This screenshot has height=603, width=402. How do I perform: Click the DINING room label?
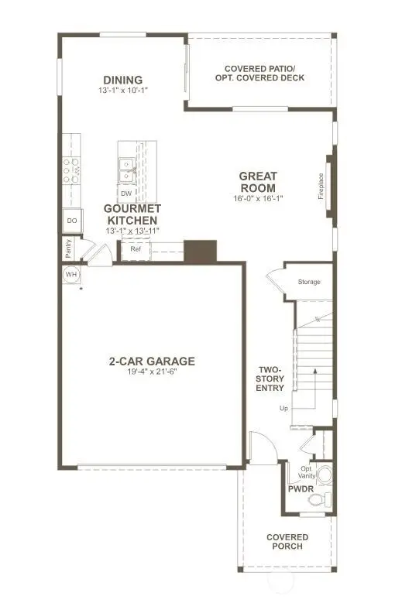[123, 80]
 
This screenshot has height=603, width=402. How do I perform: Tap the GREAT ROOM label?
[258, 182]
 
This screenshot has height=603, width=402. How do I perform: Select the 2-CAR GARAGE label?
[151, 361]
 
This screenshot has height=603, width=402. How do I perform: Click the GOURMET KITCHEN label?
[133, 214]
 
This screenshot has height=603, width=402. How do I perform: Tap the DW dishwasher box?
[125, 193]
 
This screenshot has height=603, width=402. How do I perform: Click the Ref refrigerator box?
[135, 249]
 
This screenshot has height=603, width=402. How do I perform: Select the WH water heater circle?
[71, 274]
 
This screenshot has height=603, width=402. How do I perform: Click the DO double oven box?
[71, 221]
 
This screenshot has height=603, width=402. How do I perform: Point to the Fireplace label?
[321, 186]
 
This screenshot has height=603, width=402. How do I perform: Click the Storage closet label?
[309, 282]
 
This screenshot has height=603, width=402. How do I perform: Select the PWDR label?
[300, 490]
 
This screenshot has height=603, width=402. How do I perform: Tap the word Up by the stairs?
[284, 408]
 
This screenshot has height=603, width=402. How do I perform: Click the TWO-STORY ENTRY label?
[271, 379]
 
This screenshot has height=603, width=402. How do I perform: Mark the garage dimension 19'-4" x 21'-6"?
[151, 372]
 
